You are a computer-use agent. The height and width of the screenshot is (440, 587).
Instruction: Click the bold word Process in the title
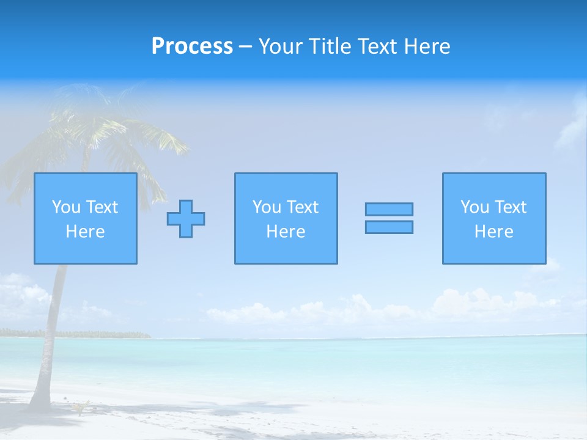click(x=192, y=46)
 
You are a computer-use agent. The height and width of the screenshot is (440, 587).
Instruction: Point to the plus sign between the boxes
click(x=186, y=219)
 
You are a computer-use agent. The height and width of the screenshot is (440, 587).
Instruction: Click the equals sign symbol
click(x=389, y=218)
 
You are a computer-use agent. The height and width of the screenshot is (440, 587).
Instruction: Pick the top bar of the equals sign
click(x=389, y=210)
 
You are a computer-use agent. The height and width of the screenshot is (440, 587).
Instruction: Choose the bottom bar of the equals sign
click(x=389, y=227)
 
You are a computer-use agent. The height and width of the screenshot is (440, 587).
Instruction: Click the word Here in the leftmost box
click(x=86, y=232)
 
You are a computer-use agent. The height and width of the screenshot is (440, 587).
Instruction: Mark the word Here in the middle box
click(x=286, y=232)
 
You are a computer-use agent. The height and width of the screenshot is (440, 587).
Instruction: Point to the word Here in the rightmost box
click(x=494, y=232)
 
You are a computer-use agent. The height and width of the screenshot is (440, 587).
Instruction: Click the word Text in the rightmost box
click(x=510, y=207)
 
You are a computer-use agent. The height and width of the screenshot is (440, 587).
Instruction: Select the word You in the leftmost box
click(x=66, y=207)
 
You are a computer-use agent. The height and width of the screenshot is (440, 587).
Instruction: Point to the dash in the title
click(x=246, y=46)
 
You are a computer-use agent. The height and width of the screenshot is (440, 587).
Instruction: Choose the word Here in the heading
click(x=427, y=46)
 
